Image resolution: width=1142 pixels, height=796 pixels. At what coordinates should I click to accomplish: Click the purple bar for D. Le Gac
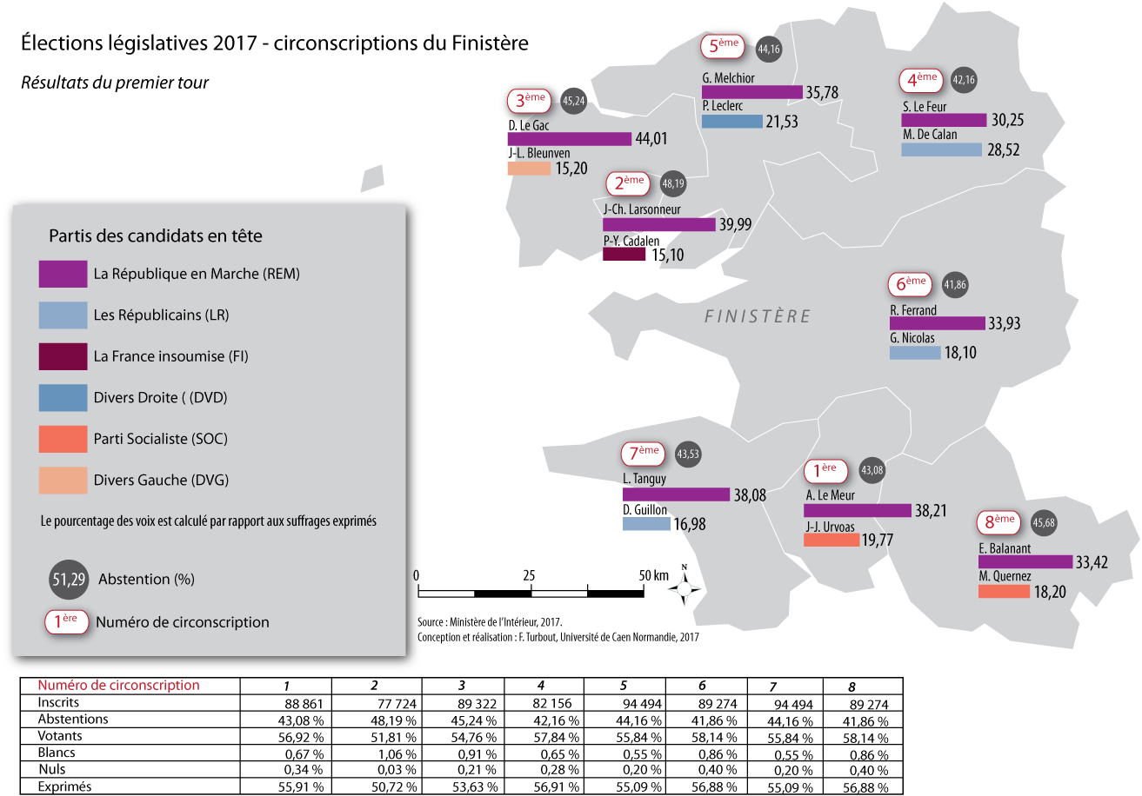coord(570,139)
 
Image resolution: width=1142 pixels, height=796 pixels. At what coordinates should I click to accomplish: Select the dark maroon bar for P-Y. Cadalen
coord(624,254)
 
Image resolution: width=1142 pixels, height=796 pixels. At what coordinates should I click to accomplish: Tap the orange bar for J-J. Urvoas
coord(831,540)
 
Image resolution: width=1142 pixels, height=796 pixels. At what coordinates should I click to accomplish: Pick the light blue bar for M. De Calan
coord(942,149)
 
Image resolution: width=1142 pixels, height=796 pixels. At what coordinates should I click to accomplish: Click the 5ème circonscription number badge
coord(723,46)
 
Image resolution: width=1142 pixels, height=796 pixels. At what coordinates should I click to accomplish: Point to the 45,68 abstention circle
coord(1043,522)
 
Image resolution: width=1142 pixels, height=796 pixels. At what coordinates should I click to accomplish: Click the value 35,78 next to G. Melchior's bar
coord(822,93)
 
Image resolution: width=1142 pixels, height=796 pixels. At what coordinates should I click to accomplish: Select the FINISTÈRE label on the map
coord(758,316)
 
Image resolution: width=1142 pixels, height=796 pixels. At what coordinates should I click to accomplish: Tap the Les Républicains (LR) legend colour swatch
coord(63,315)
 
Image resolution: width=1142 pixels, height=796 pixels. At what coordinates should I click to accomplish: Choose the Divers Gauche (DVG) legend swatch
coord(63,481)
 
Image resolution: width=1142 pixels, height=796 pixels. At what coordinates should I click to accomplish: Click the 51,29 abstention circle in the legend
coord(69,579)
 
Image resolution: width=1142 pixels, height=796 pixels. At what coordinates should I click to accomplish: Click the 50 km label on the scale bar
coord(653,575)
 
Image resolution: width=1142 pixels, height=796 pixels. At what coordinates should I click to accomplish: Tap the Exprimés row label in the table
coord(64,786)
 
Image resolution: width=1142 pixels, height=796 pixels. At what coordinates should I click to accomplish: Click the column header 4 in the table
coord(541,686)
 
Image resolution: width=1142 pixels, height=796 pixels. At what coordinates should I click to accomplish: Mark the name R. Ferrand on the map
coord(913,310)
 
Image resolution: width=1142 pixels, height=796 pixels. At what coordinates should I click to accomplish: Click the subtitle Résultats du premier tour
coord(115,83)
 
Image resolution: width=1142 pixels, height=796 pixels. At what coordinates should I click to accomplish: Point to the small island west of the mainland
coord(372,178)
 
